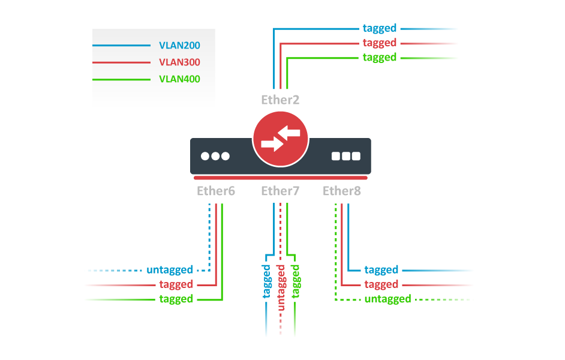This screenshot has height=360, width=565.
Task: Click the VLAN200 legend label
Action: coord(179,46)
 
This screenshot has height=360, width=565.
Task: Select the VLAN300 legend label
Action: coord(179,62)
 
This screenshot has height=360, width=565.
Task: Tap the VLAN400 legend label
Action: coord(179,79)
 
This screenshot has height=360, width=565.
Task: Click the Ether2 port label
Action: coord(280,100)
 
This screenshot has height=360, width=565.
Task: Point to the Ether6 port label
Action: coord(216,191)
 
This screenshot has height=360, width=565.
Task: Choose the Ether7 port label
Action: coord(280,191)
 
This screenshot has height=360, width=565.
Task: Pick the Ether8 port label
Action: coord(342,191)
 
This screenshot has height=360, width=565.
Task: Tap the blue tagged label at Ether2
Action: coord(380,28)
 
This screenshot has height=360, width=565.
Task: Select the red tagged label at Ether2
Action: coord(380,43)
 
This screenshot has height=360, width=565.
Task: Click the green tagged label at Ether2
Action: coord(380,58)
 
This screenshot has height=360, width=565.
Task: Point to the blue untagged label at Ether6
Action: coord(170,270)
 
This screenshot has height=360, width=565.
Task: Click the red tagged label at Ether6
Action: coord(176,284)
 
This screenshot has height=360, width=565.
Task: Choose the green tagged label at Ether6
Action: coord(176,299)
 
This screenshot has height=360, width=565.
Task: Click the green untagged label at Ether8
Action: coord(388,299)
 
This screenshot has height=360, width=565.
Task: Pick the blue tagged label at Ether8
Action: coord(381,270)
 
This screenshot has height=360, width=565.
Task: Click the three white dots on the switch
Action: coord(215,157)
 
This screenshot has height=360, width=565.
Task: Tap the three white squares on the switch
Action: coord(346,157)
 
